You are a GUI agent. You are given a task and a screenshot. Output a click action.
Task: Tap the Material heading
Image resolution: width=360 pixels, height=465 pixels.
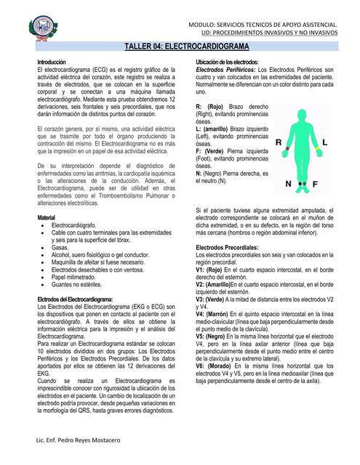point(47,218)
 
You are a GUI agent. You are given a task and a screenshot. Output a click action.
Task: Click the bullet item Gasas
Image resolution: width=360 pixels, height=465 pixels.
point(60,247)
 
